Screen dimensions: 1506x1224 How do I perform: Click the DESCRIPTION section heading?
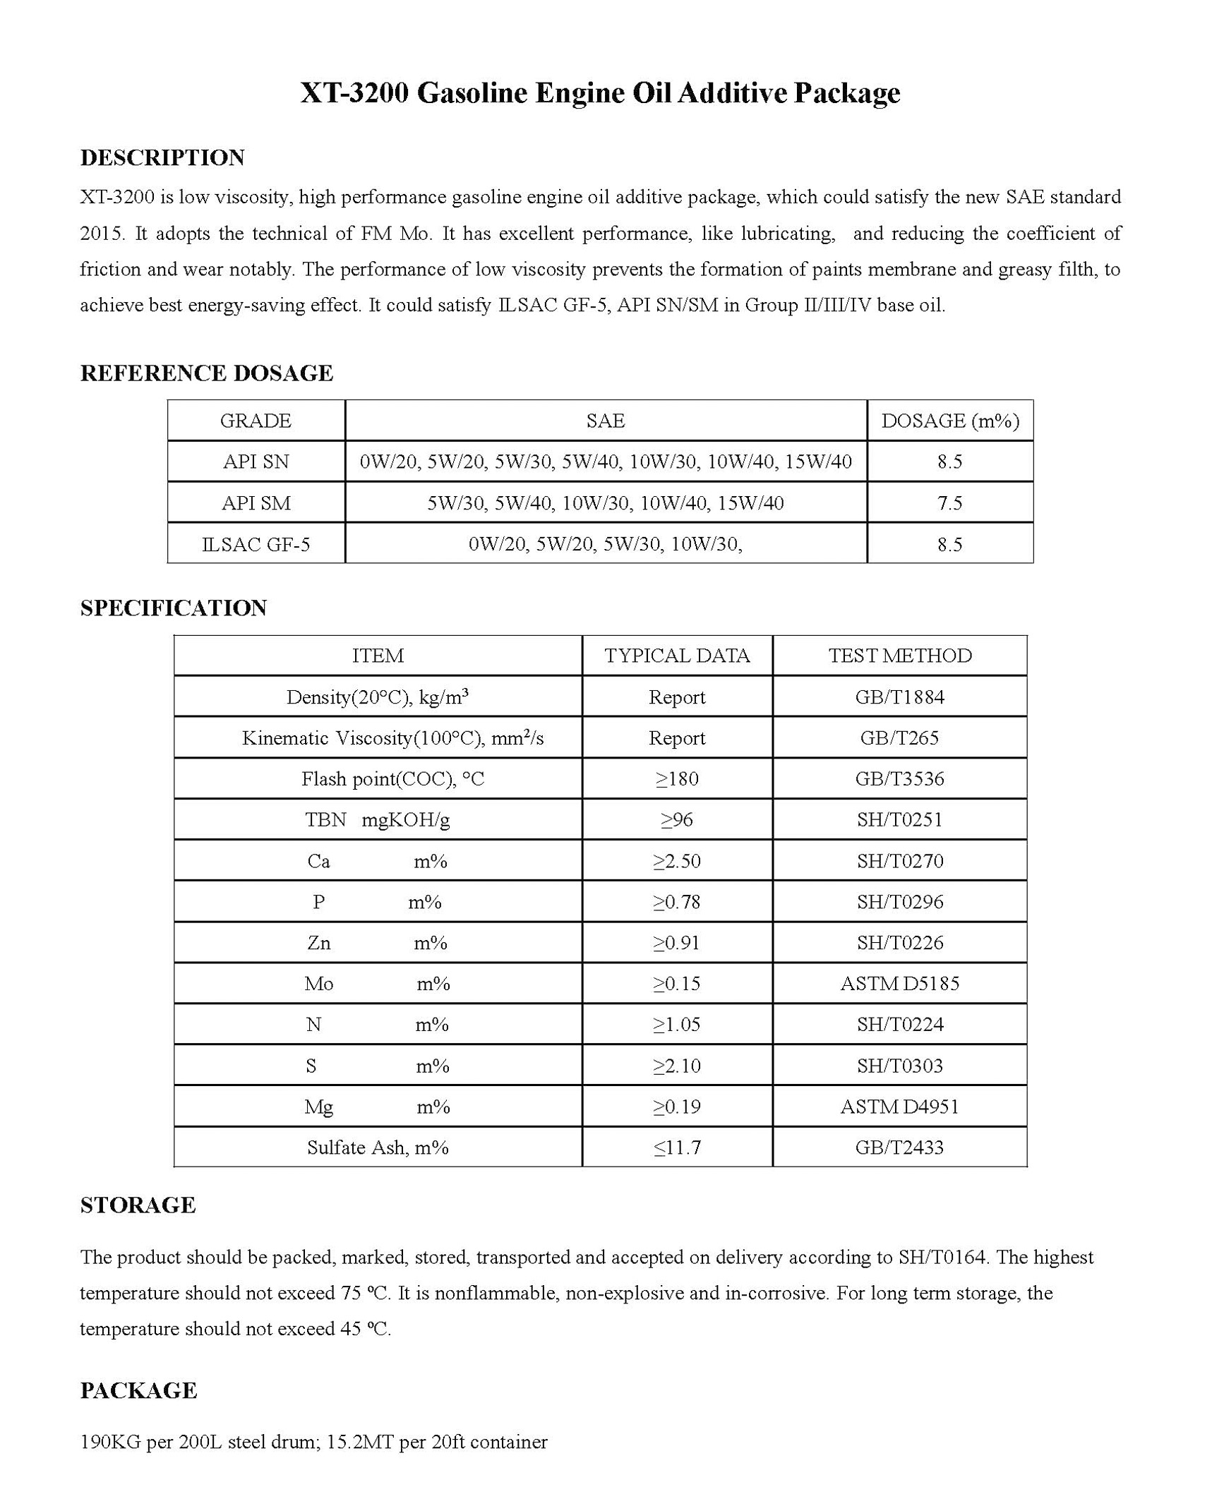(x=162, y=157)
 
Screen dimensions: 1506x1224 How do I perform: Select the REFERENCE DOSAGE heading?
(x=206, y=373)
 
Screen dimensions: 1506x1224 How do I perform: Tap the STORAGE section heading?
(x=138, y=1205)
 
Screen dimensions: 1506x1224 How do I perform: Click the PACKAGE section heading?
(x=138, y=1390)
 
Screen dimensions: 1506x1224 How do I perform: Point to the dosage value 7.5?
(x=949, y=503)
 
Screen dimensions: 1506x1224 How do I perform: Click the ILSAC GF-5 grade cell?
(x=256, y=544)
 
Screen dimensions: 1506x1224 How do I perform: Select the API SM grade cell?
(x=256, y=503)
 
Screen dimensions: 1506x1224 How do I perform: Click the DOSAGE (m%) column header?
(x=949, y=421)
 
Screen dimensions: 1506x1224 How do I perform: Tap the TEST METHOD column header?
(x=900, y=656)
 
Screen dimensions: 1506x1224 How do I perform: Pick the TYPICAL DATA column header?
(x=677, y=656)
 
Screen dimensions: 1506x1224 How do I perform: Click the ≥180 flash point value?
(x=677, y=778)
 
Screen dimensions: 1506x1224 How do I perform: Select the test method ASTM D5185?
(x=900, y=983)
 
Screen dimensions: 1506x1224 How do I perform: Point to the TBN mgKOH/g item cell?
(x=378, y=819)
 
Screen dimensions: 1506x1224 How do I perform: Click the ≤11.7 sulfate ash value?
(x=677, y=1147)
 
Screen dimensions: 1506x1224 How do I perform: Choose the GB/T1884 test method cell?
(x=900, y=697)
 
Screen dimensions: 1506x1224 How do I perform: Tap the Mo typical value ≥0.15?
(x=677, y=983)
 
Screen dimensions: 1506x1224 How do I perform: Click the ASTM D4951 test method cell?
(x=900, y=1107)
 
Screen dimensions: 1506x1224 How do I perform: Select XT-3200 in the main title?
(x=354, y=93)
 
